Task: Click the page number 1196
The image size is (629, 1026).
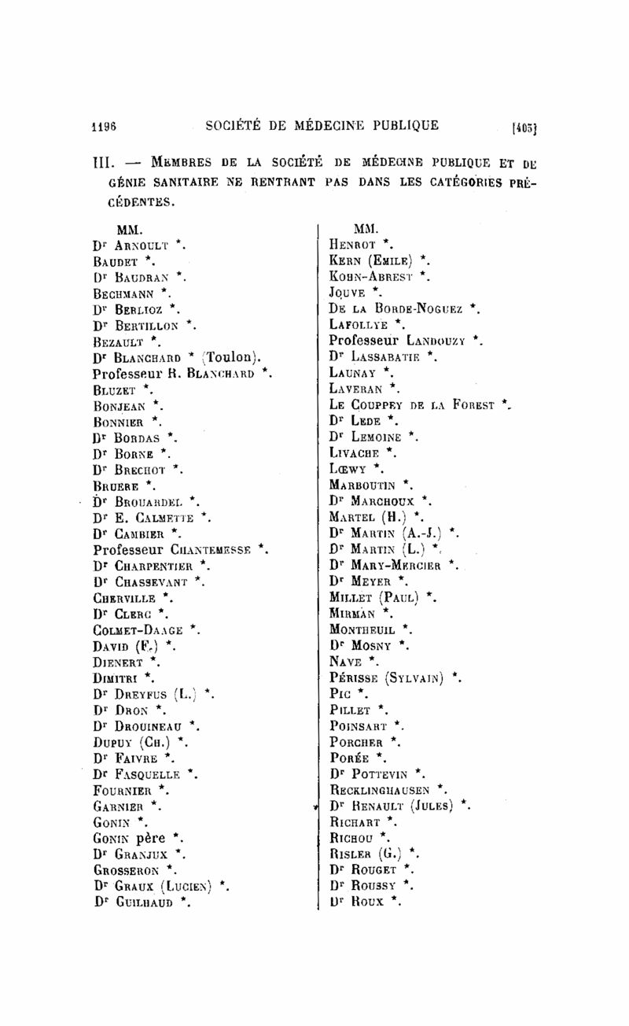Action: tap(104, 125)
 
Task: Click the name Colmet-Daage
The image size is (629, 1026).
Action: tap(138, 629)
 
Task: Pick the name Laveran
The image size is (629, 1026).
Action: tap(355, 389)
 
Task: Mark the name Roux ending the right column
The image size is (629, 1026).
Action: tap(368, 902)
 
